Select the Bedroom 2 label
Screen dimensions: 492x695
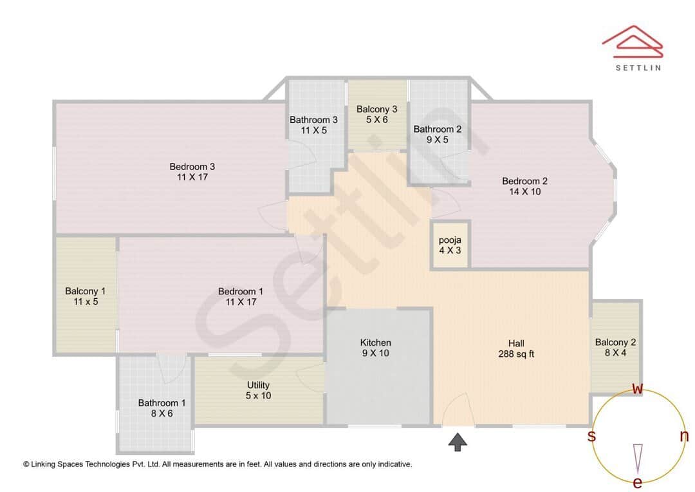point(524,181)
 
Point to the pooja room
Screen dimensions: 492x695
point(450,245)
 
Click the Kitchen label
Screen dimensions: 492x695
point(375,343)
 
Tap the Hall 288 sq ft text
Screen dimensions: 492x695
point(516,354)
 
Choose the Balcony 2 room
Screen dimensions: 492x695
point(615,347)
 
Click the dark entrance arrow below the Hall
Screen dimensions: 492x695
point(458,442)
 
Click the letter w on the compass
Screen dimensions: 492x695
point(638,388)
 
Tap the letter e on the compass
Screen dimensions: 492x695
point(638,482)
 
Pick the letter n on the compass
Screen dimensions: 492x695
point(684,436)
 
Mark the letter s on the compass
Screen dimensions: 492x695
point(591,436)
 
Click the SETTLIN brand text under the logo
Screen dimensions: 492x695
point(638,67)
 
